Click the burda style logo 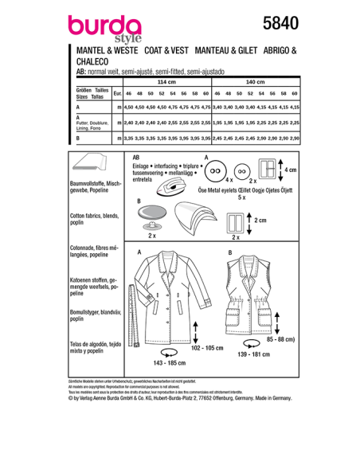pyautogui.click(x=95, y=31)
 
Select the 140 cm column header pyautogui.click(x=254, y=82)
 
